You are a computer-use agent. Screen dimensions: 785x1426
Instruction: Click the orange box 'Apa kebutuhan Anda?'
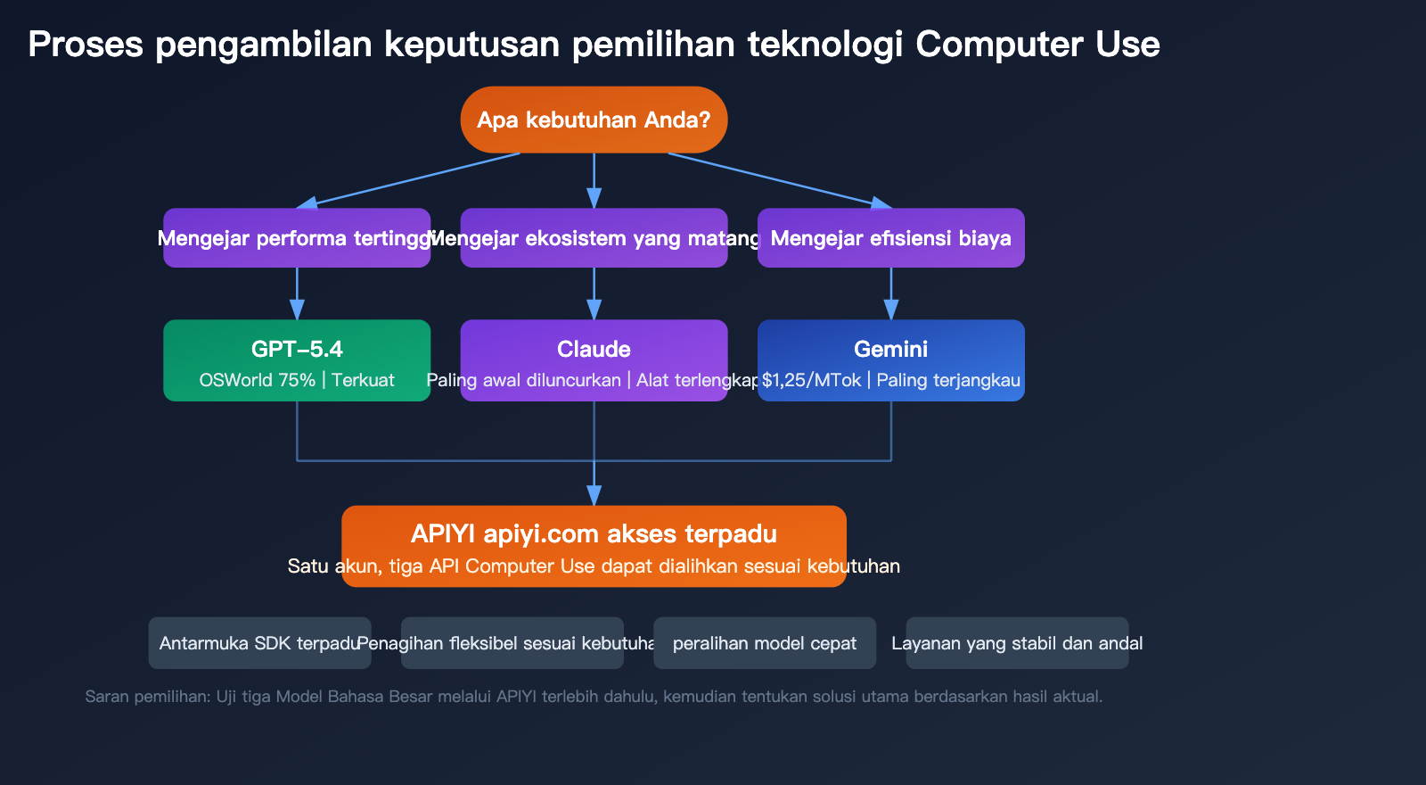(x=594, y=120)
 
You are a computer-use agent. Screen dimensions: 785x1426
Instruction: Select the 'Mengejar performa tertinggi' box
(x=297, y=238)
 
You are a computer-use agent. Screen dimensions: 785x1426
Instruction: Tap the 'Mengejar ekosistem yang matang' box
(x=594, y=238)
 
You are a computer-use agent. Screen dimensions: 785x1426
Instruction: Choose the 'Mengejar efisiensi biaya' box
(x=890, y=238)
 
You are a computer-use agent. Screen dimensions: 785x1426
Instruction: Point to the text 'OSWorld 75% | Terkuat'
(x=297, y=380)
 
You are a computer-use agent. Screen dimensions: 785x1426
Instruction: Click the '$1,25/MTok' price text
(x=811, y=380)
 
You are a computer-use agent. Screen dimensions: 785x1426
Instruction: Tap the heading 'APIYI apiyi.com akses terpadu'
(x=594, y=533)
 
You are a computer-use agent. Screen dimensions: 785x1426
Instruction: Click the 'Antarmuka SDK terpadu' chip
(x=259, y=643)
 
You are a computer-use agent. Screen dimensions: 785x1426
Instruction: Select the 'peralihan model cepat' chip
(x=764, y=643)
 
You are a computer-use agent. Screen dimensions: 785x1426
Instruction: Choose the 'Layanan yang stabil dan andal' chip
(x=1017, y=643)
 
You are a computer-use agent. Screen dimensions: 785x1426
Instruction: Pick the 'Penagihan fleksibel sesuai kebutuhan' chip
(x=512, y=643)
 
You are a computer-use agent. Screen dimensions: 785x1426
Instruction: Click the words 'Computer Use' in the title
(x=1037, y=44)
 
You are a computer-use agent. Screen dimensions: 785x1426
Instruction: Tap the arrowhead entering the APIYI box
(x=594, y=496)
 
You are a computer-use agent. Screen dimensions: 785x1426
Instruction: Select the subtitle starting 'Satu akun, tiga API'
(x=594, y=566)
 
